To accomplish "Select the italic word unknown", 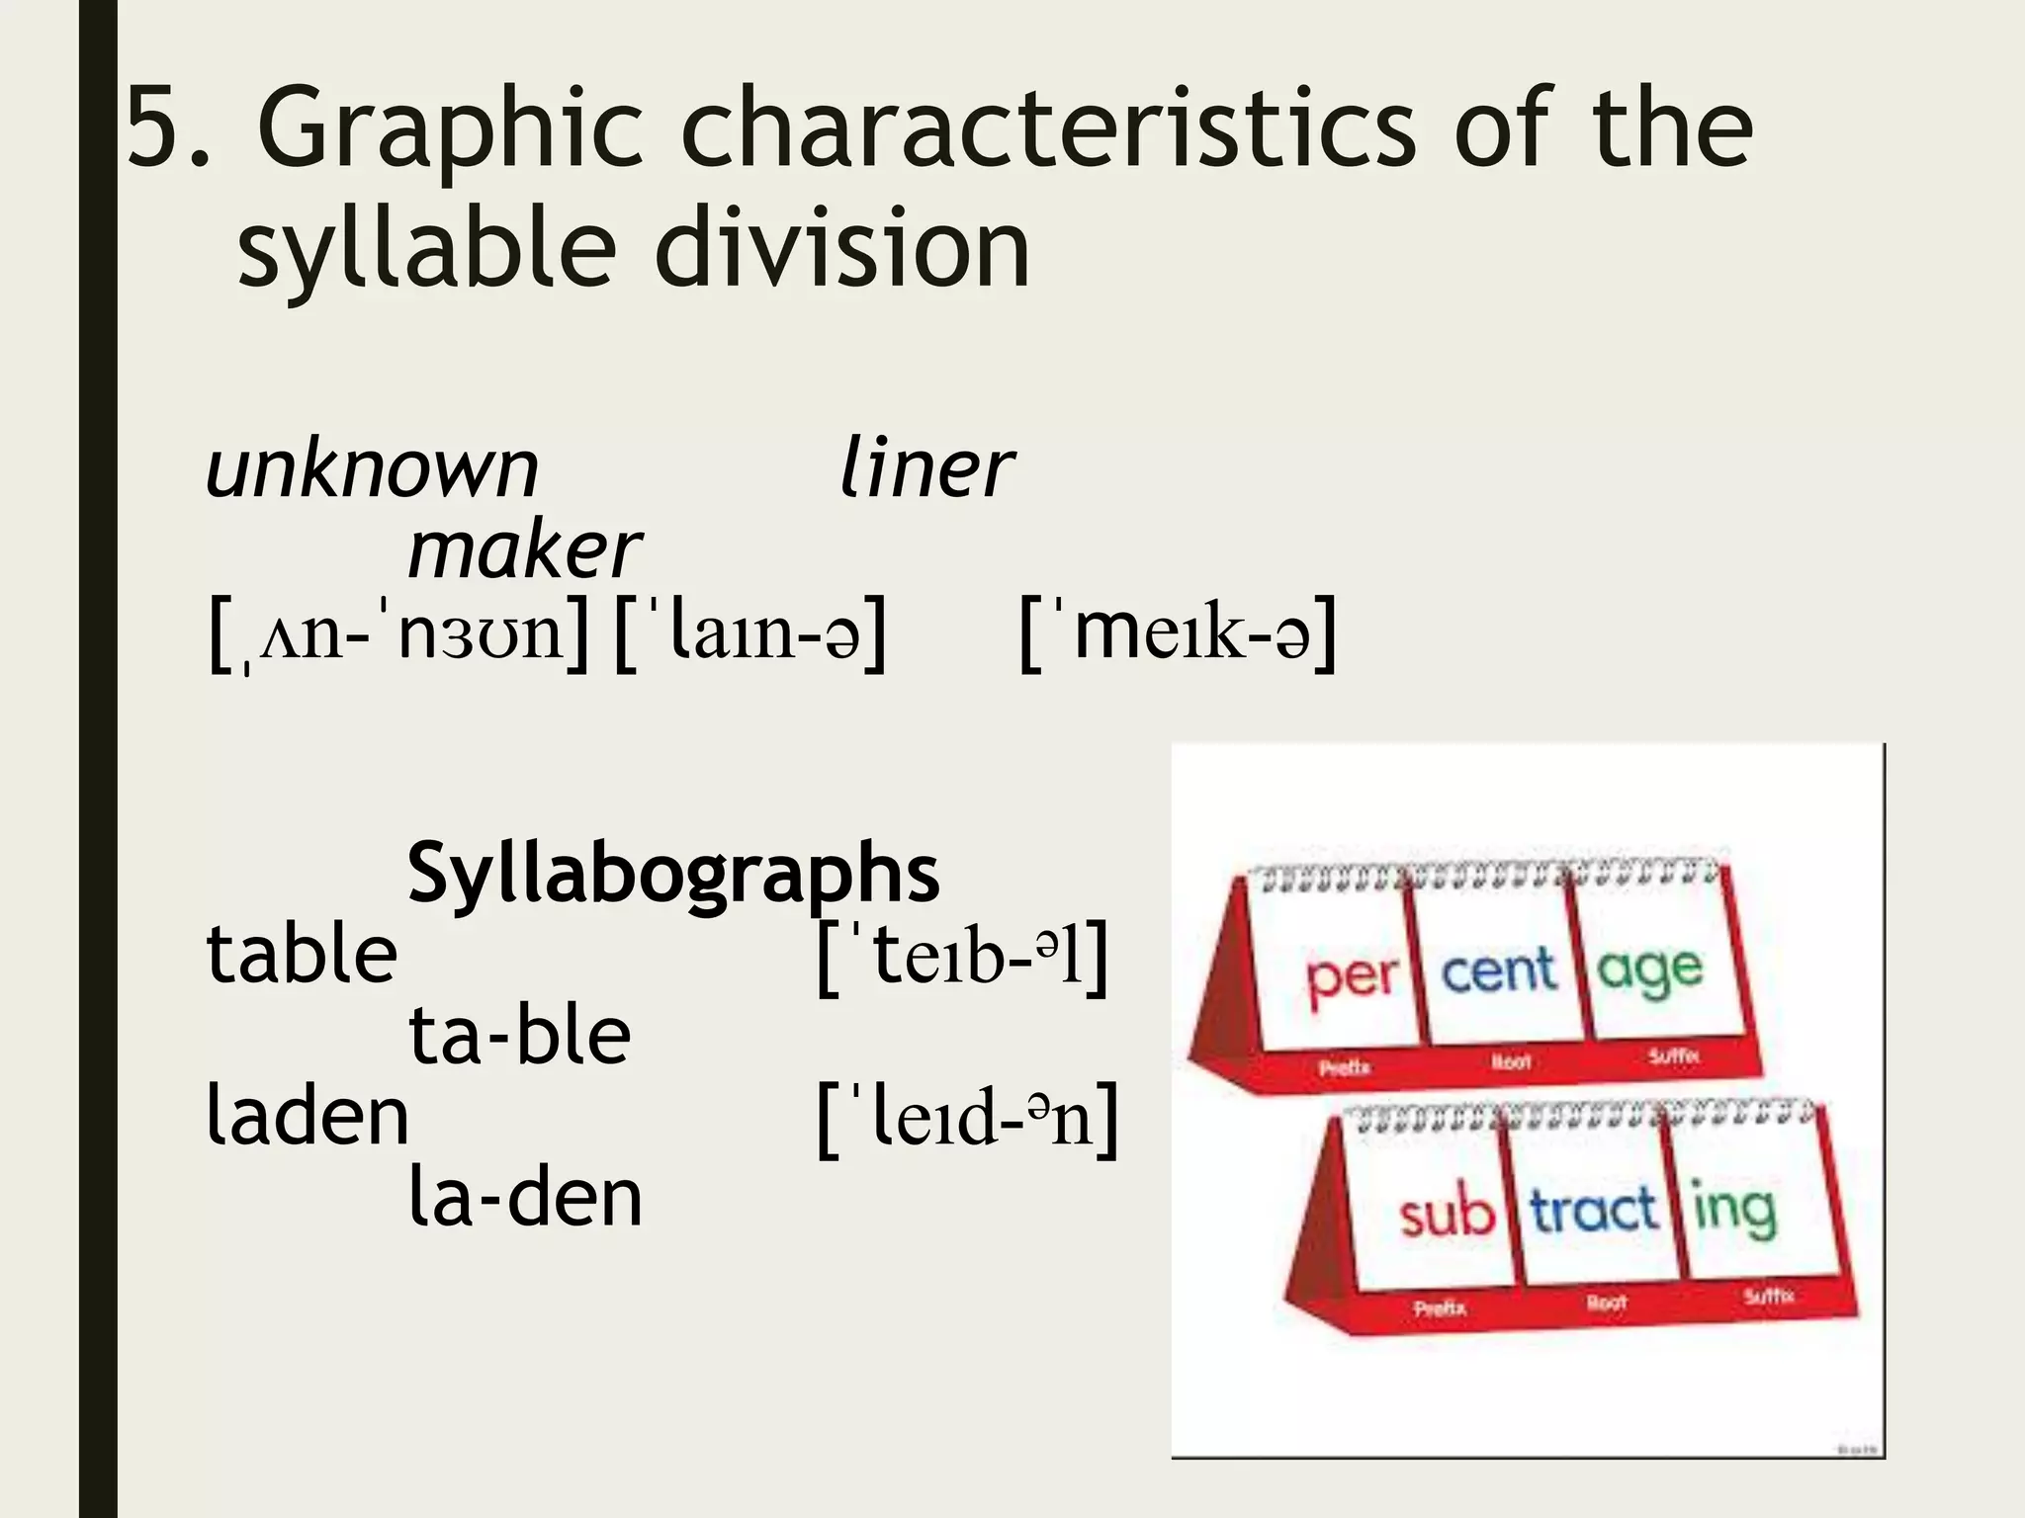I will [372, 469].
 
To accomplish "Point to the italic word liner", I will [925, 469].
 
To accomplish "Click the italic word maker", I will [524, 550].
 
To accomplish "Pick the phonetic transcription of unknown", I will [398, 632].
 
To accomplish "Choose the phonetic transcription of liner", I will [749, 632].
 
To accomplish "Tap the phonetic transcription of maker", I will [1178, 632].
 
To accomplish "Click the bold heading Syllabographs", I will [673, 873].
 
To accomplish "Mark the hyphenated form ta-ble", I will [519, 1036].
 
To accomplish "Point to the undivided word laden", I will [307, 1117].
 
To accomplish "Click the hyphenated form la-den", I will [525, 1198].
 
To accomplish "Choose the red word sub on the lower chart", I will [1446, 1214].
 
